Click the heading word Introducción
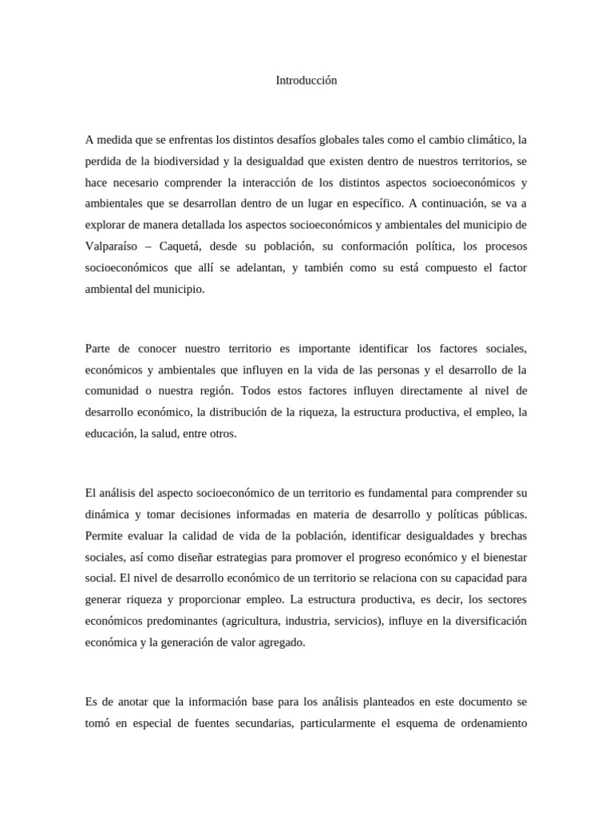[306, 81]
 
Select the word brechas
[504, 533]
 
